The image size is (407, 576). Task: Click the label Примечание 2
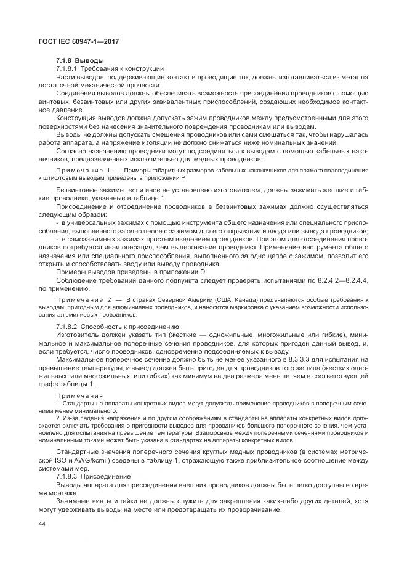pyautogui.click(x=83, y=299)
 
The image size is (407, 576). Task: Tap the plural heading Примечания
pyautogui.click(x=78, y=395)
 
